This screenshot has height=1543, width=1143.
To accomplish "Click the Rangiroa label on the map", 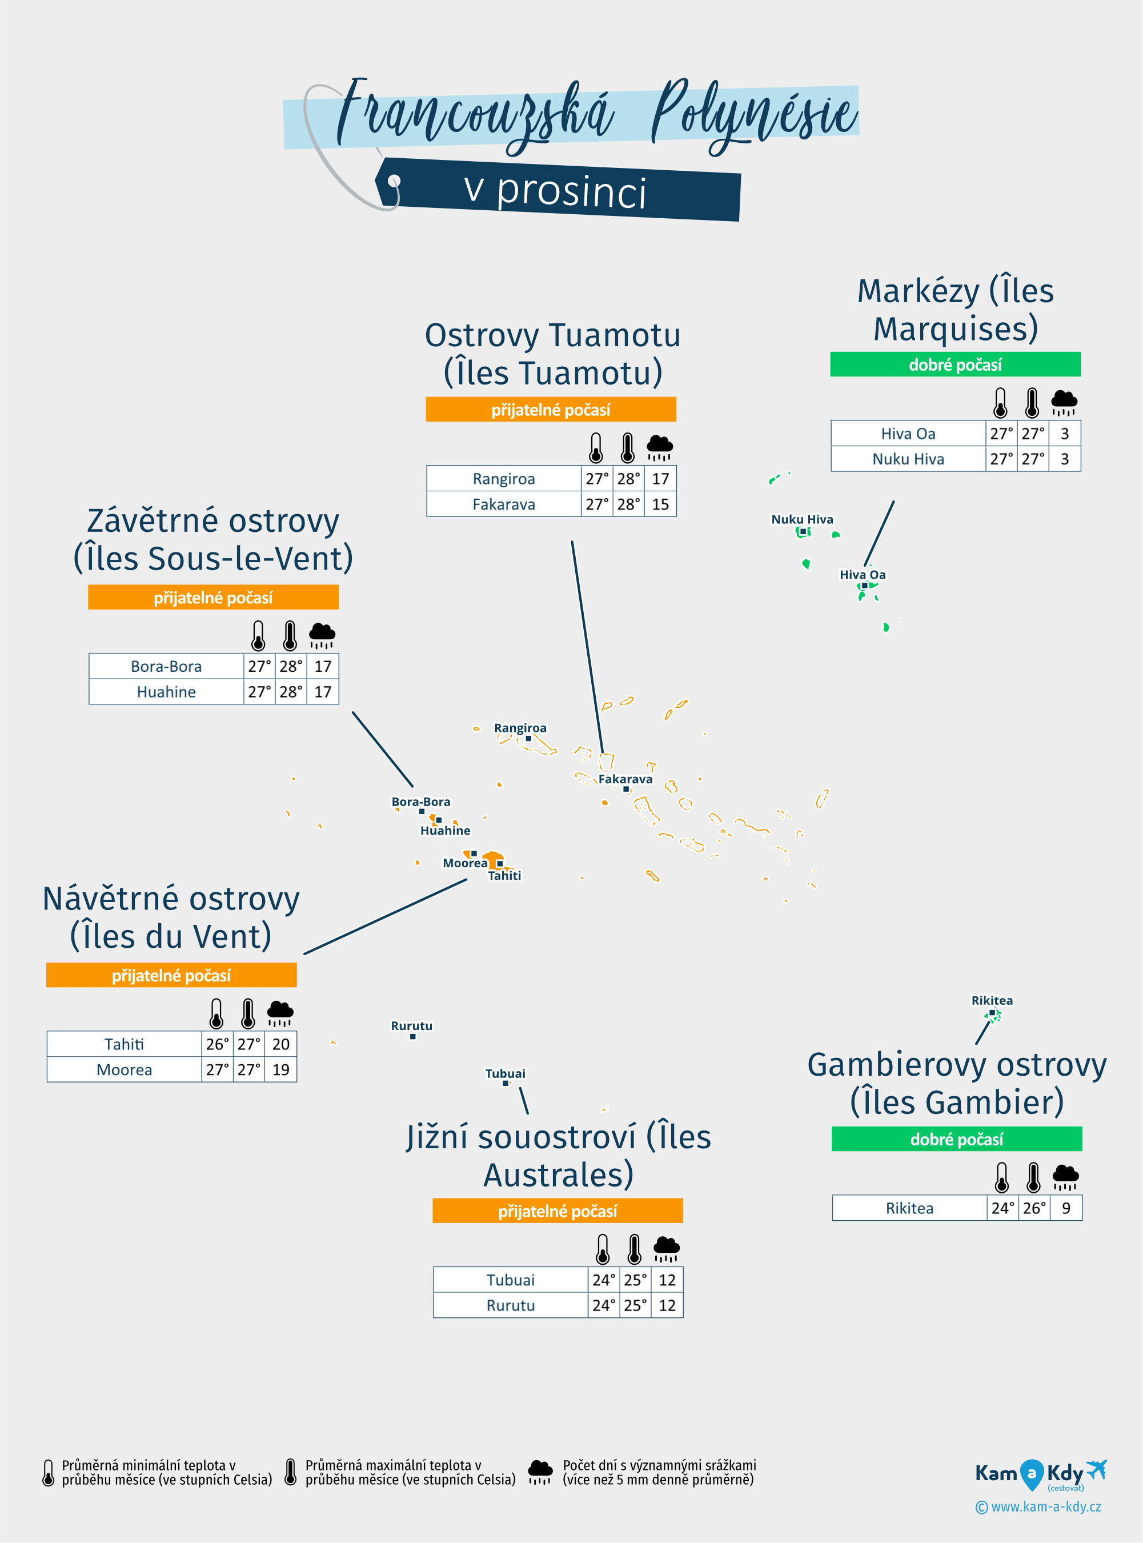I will coord(520,728).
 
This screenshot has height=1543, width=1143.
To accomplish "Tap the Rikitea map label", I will coord(992,1000).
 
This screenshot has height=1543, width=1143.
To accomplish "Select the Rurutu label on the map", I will coord(412,1025).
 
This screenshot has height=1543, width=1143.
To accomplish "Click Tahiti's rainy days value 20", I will coord(280,1044).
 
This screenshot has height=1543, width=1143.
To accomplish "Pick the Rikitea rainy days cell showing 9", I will coord(1065,1208).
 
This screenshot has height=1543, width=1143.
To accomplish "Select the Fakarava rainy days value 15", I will coord(660,504).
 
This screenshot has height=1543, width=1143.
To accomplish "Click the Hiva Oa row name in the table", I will coord(908,434).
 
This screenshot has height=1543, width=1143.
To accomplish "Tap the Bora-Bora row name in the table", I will coord(166,666).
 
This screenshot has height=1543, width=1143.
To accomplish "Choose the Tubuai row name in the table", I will coord(511,1280).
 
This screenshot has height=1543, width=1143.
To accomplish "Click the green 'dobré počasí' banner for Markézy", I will coord(955,364).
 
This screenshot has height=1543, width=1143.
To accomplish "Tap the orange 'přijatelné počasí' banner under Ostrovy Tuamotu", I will coord(551,410).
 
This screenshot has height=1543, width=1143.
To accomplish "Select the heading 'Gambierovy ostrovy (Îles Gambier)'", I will coord(956,1084).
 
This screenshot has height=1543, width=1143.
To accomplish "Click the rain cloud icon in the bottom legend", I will coord(540,1472).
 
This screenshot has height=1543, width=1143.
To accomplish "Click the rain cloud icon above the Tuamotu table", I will coord(659,448).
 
